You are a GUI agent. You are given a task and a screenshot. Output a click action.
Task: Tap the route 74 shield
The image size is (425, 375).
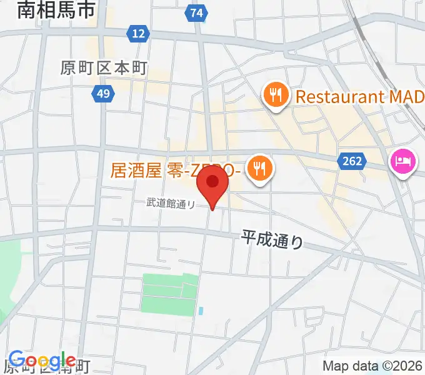click(x=197, y=12)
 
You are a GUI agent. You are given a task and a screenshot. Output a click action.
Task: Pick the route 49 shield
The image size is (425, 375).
click(x=102, y=94)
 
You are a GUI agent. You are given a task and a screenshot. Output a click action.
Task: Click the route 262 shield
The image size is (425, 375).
click(x=352, y=161)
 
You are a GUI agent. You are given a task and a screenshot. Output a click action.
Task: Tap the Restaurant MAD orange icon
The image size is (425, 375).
click(x=275, y=96)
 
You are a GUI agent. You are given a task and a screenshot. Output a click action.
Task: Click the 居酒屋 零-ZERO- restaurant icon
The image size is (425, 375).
click(x=257, y=168)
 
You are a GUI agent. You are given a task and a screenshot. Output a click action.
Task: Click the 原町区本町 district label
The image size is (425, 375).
click(x=104, y=68)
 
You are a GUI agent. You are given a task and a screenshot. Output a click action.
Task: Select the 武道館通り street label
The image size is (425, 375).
click(x=171, y=202)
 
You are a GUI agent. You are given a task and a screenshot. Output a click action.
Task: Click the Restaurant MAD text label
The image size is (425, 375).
click(x=359, y=97)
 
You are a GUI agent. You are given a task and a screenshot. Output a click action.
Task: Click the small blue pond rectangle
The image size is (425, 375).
click(x=200, y=310)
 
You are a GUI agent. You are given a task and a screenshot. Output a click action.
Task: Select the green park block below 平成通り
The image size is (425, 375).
click(x=169, y=294)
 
